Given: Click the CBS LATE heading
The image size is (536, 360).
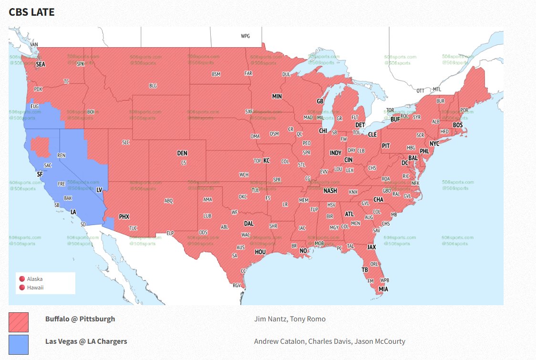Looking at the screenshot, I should pyautogui.click(x=31, y=12).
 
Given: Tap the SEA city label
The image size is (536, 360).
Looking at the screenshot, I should pyautogui.click(x=41, y=64).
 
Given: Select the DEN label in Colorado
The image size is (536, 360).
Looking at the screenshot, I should pyautogui.click(x=182, y=154).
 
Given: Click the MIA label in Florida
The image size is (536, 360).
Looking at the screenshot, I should pyautogui.click(x=383, y=289).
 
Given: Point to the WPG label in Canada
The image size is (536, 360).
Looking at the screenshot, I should pyautogui.click(x=245, y=36).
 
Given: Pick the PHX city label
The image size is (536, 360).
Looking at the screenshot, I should pyautogui.click(x=124, y=216).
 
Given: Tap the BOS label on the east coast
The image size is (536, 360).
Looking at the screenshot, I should pyautogui.click(x=458, y=125).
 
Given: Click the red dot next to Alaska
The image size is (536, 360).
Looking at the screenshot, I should pyautogui.click(x=21, y=279).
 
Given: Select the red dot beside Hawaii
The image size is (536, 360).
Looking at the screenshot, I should pyautogui.click(x=21, y=288).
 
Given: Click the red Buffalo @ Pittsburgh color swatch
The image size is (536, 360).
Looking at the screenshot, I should pyautogui.click(x=19, y=322).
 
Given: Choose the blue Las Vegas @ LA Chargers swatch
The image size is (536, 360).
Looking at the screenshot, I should pyautogui.click(x=19, y=344).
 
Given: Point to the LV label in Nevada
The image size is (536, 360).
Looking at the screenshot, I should pyautogui.click(x=99, y=190).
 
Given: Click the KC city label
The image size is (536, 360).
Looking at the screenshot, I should pyautogui.click(x=267, y=161).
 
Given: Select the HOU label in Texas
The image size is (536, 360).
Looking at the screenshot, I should pyautogui.click(x=260, y=252).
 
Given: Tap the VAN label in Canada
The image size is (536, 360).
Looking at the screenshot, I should pyautogui.click(x=34, y=45).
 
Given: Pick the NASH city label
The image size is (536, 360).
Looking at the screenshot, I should pyautogui.click(x=330, y=191).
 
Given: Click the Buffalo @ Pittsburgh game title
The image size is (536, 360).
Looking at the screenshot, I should pyautogui.click(x=80, y=319).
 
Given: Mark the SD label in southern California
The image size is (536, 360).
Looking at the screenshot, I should pyautogui.click(x=83, y=224).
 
